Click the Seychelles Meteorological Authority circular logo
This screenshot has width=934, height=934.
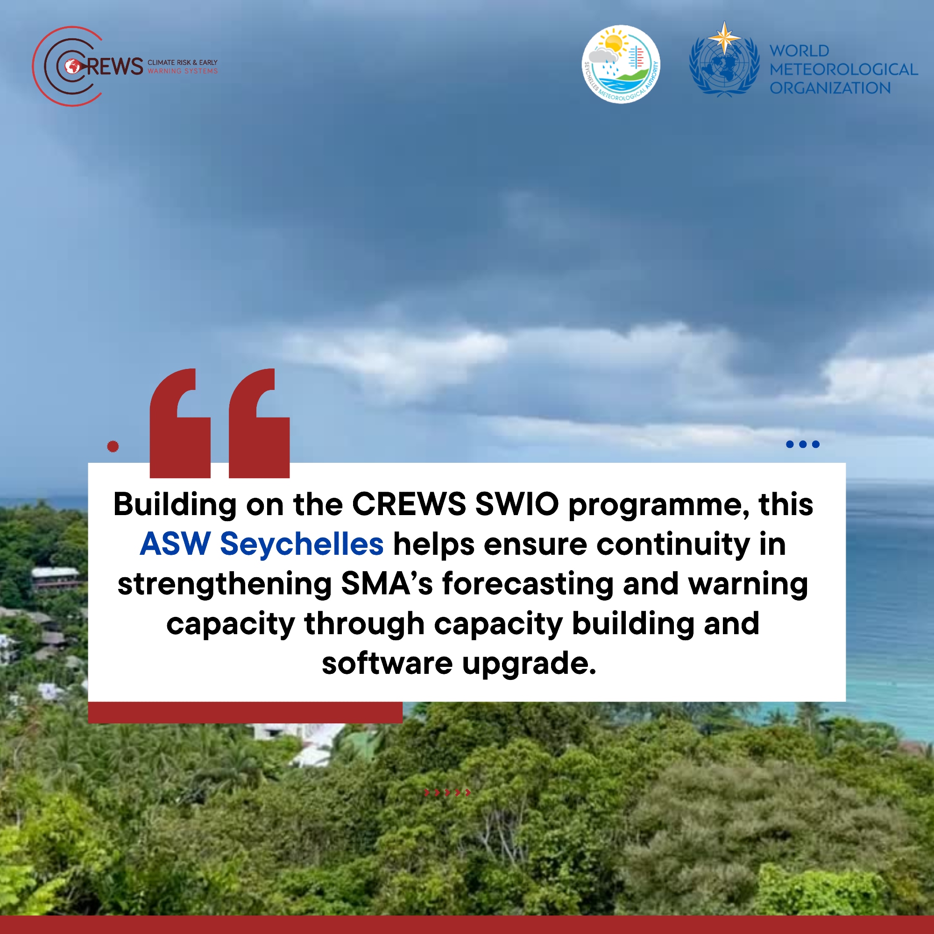tap(621, 64)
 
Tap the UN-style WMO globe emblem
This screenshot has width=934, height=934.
tap(724, 65)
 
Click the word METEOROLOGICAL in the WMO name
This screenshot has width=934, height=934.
tap(843, 69)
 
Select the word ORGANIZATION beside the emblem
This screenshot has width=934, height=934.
tap(830, 88)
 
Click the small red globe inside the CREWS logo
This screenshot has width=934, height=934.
tap(72, 66)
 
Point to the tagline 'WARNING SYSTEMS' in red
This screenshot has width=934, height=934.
tap(183, 71)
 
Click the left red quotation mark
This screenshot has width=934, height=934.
tap(180, 423)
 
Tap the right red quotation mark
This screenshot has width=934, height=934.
tap(259, 423)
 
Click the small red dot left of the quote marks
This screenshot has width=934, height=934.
tap(113, 446)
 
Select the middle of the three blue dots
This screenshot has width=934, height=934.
tap(803, 444)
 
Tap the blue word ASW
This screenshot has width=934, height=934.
tap(175, 544)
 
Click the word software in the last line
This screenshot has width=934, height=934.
tap(387, 664)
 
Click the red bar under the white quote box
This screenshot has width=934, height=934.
tap(245, 712)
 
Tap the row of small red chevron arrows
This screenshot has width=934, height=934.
tap(447, 792)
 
